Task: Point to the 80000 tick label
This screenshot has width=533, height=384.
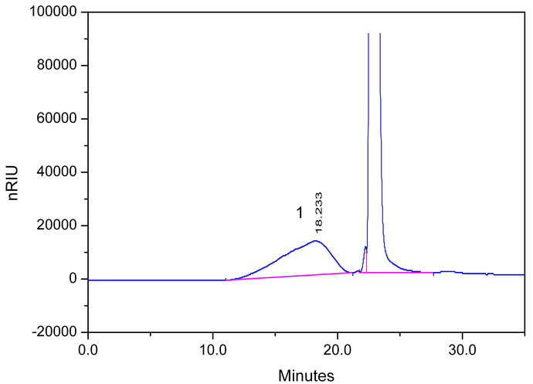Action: point(59,66)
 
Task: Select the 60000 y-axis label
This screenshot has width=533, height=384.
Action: point(59,119)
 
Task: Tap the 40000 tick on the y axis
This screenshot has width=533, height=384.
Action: point(59,172)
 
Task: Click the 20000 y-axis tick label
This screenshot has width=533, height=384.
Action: point(59,226)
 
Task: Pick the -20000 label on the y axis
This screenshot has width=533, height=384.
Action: point(56,332)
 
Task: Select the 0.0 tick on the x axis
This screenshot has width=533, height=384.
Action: point(89,348)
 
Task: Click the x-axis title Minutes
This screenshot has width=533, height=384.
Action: point(307,376)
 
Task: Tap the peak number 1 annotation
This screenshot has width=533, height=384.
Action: point(300,213)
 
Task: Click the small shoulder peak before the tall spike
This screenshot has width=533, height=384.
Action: point(365,248)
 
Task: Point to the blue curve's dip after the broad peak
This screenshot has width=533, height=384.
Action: point(354,273)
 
